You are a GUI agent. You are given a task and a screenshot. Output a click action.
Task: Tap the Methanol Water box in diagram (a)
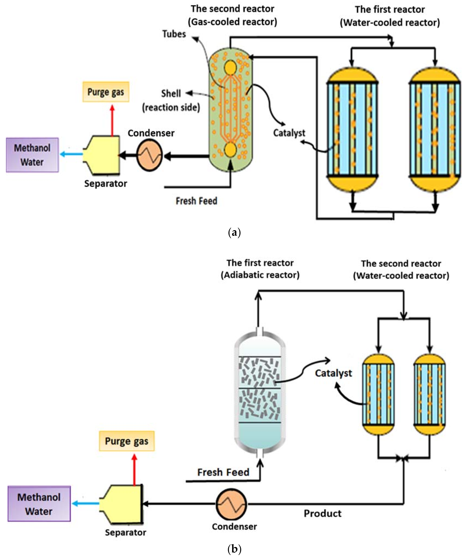pos(32,155)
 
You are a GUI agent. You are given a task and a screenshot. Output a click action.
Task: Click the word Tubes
pos(174,34)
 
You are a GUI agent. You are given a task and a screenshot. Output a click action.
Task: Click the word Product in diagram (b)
pos(323,514)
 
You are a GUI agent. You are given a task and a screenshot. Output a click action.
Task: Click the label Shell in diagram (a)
pos(171,94)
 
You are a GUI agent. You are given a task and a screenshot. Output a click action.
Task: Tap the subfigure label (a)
pos(234,232)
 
